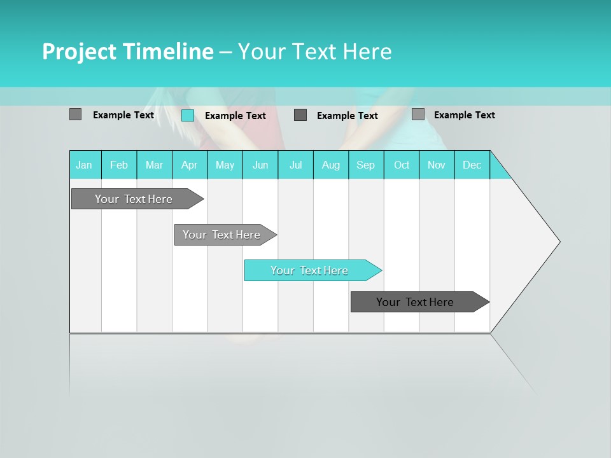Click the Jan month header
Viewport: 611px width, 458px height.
85,165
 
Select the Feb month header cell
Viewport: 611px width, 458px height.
119,165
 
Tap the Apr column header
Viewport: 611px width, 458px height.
190,165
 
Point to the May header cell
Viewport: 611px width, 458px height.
225,165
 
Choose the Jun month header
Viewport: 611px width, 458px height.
260,165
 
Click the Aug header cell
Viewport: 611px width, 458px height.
331,165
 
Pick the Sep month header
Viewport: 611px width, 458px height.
366,165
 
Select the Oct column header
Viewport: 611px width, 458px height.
402,165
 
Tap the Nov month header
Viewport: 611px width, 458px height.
437,165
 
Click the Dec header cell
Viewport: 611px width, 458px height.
472,165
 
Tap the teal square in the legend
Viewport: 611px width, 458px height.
188,115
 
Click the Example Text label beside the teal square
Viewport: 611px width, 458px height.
235,116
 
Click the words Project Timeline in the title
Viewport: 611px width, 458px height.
128,52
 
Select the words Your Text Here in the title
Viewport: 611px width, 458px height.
314,52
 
